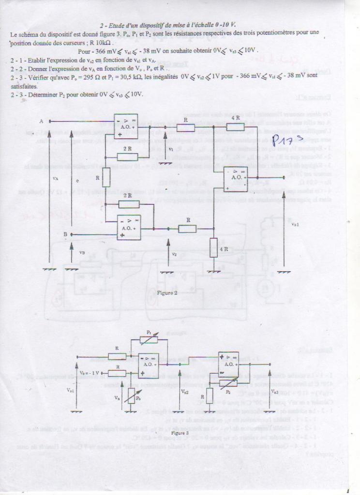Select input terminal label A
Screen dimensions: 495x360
pos(41,121)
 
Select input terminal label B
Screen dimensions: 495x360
pos(65,234)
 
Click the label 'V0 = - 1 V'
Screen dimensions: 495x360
pos(89,373)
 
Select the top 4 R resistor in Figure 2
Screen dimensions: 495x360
pos(236,127)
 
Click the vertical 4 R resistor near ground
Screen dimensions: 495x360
pos(214,247)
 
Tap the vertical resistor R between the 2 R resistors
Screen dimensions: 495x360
pos(106,177)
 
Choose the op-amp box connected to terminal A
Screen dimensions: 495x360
pos(126,126)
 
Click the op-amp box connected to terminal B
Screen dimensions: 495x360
pos(129,227)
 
